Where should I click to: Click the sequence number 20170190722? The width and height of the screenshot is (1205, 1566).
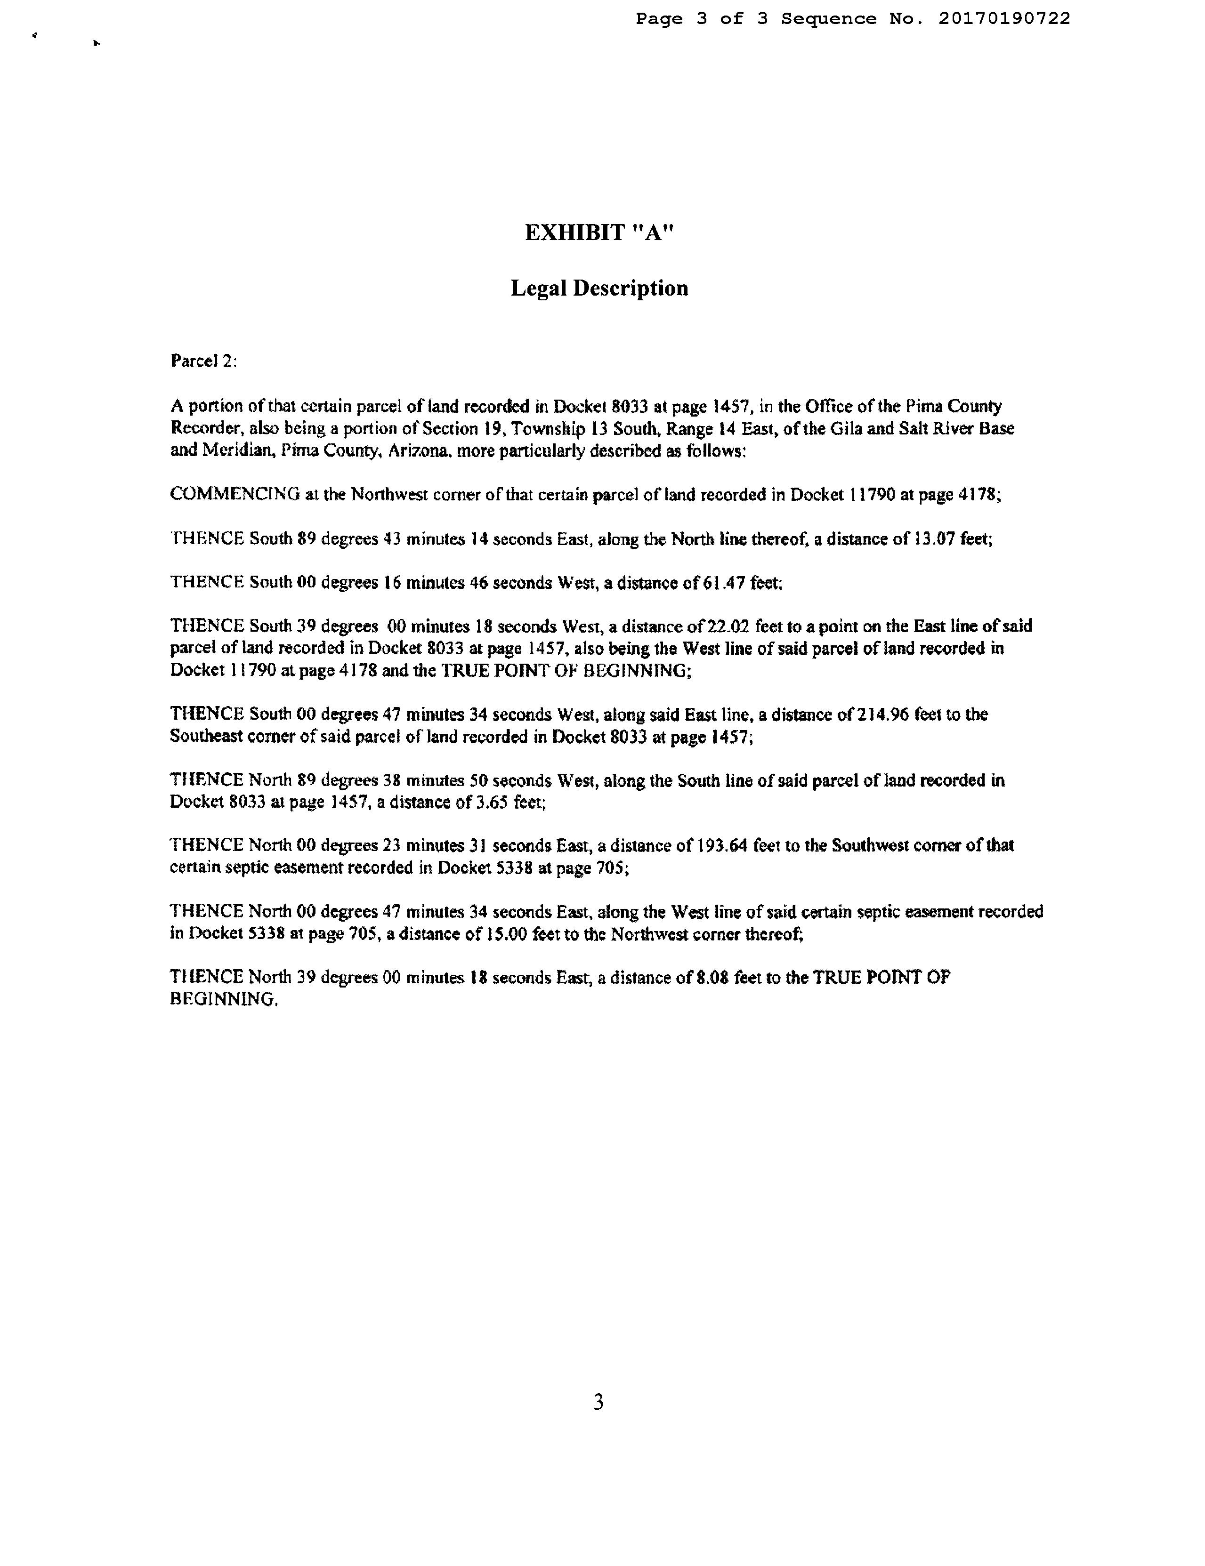(1003, 19)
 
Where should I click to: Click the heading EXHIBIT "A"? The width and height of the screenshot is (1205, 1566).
(599, 233)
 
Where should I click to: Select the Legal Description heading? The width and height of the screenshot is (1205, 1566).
(599, 288)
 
